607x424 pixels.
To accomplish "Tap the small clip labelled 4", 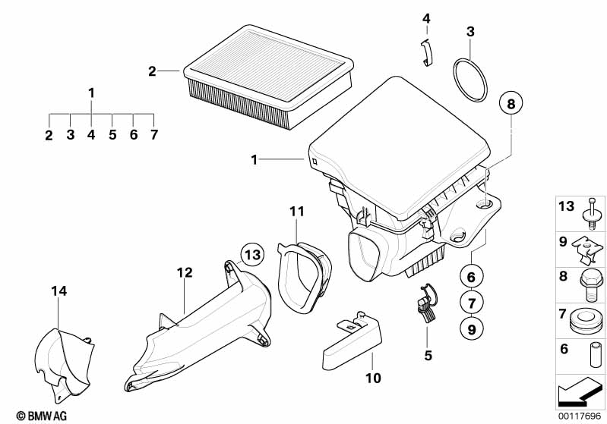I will pos(427,53).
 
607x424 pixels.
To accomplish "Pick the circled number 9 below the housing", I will pos(470,329).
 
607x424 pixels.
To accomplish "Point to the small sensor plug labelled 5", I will pos(427,303).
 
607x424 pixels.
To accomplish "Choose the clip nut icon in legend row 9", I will pos(589,247).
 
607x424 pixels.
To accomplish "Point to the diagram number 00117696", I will pos(579,416).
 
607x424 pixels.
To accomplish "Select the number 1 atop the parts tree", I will pos(91,93).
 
